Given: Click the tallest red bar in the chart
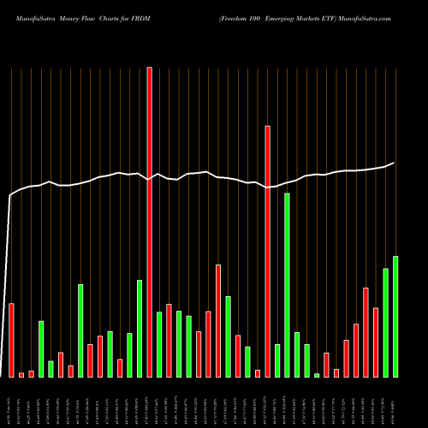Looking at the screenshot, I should [x=150, y=223].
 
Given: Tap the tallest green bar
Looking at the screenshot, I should [x=288, y=284].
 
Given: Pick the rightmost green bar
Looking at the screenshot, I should [x=395, y=316].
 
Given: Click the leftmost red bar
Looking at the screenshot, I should [x=12, y=340].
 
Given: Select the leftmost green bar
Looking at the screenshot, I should [x=41, y=348].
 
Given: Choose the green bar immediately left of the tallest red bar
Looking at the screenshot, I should [x=140, y=328].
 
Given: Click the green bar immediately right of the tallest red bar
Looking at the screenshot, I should [x=159, y=344].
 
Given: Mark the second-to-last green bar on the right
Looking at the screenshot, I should [x=386, y=322].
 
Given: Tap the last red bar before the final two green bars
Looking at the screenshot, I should [x=376, y=342].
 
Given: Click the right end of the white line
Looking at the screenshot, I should [x=395, y=163].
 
